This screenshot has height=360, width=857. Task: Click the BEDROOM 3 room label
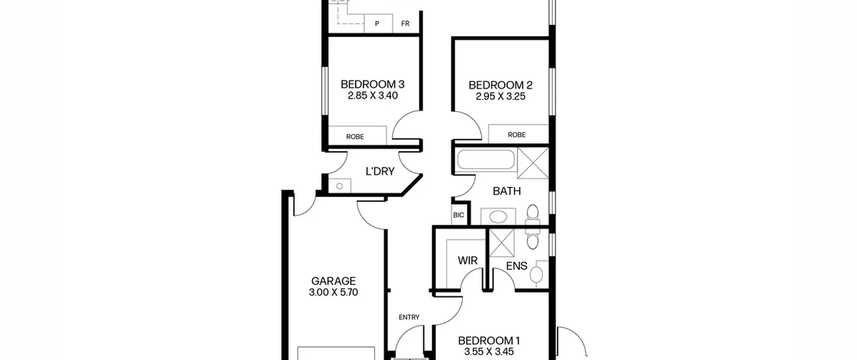[373, 84]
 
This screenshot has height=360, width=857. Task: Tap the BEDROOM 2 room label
[500, 85]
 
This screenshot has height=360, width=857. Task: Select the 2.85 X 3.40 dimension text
[373, 95]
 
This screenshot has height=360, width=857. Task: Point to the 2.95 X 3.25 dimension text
[500, 96]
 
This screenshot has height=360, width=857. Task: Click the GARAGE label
[333, 281]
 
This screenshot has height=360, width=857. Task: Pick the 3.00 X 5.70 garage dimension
[333, 292]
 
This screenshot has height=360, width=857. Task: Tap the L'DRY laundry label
[380, 171]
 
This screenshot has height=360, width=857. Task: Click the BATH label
[507, 191]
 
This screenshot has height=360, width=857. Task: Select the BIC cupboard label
[459, 215]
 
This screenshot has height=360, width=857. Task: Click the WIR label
[468, 260]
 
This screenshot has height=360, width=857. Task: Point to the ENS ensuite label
[517, 266]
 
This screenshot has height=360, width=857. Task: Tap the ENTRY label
[409, 317]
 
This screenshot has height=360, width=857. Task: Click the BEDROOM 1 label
[489, 341]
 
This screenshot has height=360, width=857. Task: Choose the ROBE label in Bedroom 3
[355, 137]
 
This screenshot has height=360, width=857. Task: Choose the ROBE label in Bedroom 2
[517, 135]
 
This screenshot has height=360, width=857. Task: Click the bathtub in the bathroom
[486, 159]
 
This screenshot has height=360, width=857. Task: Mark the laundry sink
[339, 186]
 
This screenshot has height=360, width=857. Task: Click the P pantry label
[377, 24]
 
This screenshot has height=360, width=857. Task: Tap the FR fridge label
[405, 23]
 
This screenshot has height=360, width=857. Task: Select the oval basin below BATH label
[498, 217]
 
